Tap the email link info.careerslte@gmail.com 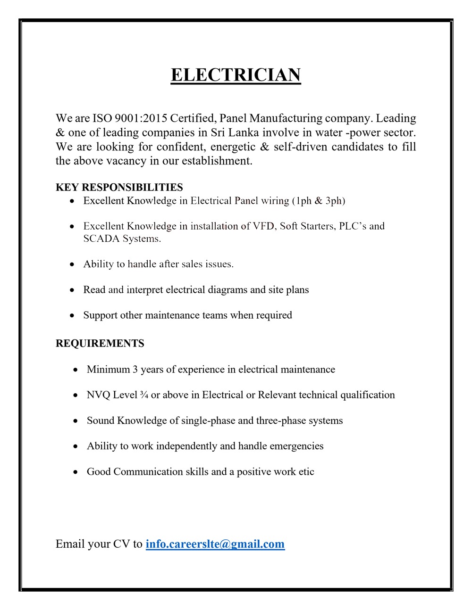(x=215, y=544)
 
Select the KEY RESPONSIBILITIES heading (x=119, y=188)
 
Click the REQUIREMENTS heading (x=100, y=344)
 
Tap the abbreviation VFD (x=263, y=226)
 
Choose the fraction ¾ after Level (x=144, y=395)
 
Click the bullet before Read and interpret (x=72, y=290)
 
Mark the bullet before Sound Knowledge (x=76, y=421)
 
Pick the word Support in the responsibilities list (x=101, y=315)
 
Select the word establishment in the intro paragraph (x=217, y=161)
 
